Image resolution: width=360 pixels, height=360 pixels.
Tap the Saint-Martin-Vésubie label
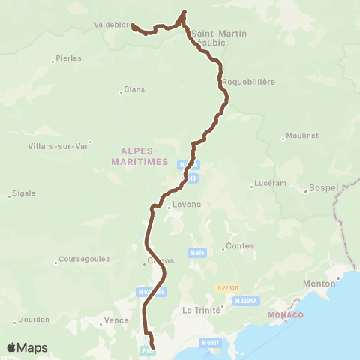click(221, 37)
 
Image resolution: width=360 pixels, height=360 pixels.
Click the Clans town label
click(134, 90)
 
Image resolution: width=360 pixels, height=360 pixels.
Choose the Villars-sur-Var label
click(58, 145)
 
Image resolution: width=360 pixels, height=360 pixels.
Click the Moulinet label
click(302, 136)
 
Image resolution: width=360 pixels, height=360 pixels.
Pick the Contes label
click(241, 245)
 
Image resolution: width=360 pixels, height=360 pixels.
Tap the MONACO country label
click(286, 314)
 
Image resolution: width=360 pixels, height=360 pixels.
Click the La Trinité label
click(202, 309)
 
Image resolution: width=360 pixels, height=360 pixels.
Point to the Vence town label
click(116, 319)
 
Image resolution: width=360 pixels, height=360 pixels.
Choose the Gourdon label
click(34, 319)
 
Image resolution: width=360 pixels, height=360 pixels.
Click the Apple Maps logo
click(27, 347)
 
